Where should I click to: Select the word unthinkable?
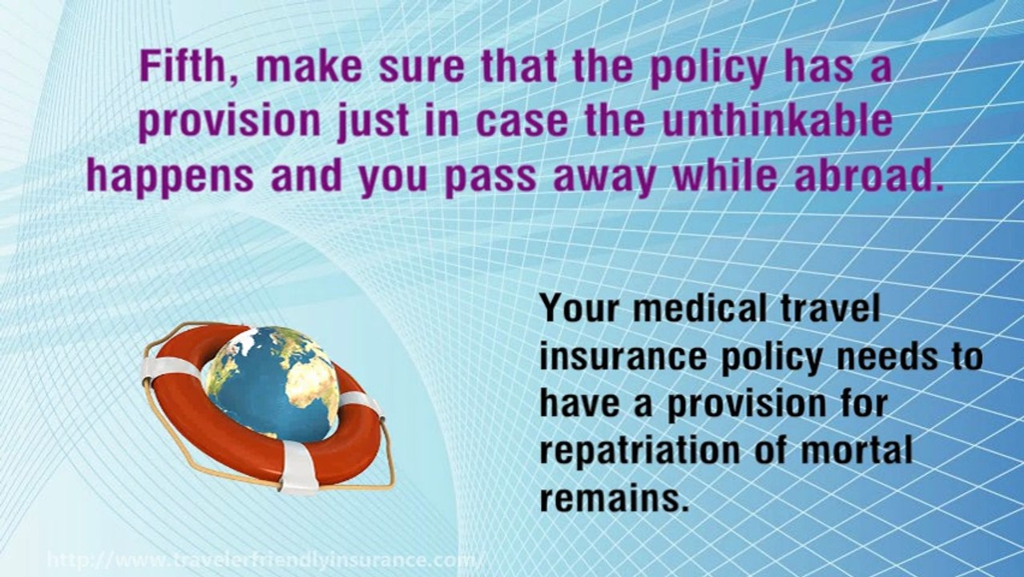[790, 121]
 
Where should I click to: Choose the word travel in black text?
[833, 309]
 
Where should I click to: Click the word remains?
[614, 498]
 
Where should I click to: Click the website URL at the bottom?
[265, 559]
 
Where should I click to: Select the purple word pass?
[490, 177]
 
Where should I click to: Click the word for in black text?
[861, 402]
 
